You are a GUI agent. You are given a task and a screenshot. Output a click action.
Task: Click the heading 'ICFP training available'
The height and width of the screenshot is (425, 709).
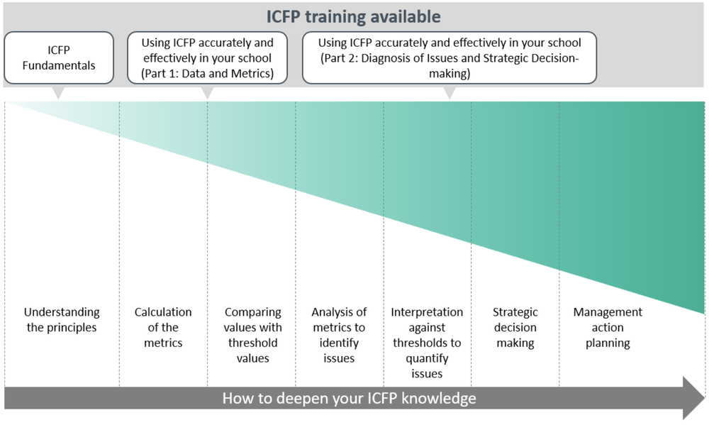pos(354,16)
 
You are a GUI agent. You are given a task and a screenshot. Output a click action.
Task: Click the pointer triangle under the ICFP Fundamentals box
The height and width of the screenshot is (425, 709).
pos(59,93)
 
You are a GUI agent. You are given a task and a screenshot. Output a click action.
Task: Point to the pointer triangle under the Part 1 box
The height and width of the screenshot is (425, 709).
pos(207,93)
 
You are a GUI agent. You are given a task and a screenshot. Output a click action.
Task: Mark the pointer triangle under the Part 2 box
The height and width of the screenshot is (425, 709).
pos(449,93)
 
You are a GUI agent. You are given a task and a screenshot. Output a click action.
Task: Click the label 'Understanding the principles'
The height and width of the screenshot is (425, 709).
pos(62,320)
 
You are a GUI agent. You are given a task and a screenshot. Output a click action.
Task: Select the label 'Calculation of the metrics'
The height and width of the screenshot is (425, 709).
pos(163,328)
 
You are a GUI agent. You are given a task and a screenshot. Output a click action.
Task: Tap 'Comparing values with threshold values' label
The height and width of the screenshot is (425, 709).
pos(252,335)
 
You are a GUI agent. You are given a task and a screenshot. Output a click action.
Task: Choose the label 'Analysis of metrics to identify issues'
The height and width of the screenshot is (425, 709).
pos(339,335)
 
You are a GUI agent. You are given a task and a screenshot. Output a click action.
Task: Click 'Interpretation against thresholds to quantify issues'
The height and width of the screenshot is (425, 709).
pos(427,343)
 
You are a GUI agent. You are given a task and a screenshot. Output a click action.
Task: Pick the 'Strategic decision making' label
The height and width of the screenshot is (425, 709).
pos(515,328)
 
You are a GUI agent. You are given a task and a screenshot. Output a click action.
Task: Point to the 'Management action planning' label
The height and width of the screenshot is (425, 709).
pos(608,328)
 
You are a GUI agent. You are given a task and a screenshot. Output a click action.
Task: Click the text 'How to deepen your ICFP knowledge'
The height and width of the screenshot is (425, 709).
pos(349,398)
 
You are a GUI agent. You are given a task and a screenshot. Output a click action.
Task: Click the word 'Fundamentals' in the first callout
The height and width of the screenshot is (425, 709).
pos(59,66)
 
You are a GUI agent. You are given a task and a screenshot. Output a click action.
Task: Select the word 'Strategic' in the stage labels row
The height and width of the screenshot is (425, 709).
pos(515,312)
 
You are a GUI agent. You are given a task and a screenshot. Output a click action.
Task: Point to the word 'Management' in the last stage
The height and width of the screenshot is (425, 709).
pos(608,312)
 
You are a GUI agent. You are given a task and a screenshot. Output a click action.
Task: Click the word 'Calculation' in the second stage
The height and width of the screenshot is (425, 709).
pos(163,312)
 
